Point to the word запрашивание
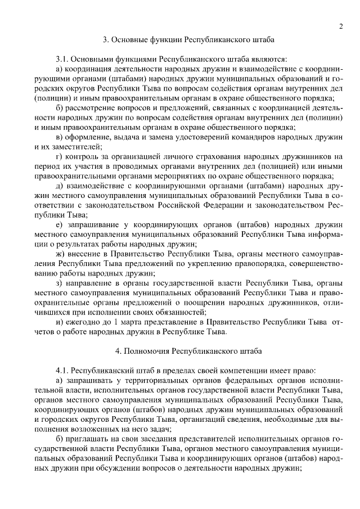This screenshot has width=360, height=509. tap(93, 224)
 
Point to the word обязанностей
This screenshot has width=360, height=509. tap(178, 312)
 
